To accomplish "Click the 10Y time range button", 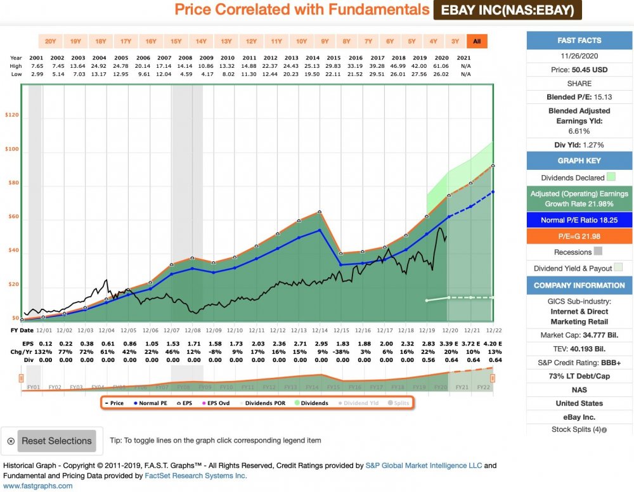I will tap(301, 42).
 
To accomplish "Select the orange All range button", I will tap(477, 42).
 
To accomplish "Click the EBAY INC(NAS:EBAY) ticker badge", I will tap(507, 10).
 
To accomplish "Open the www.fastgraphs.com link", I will tap(38, 486).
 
